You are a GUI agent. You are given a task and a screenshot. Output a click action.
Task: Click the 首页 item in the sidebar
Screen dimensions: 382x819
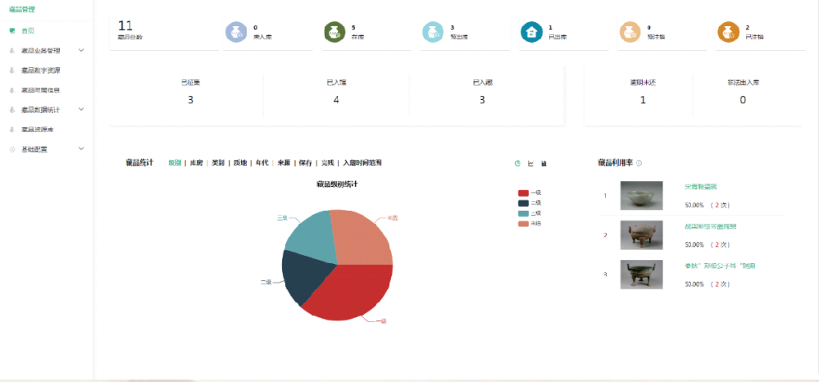(27, 30)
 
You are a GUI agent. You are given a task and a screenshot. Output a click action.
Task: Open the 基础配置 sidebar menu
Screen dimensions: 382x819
(34, 149)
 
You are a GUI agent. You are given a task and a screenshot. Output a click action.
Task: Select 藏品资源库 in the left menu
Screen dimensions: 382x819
(37, 130)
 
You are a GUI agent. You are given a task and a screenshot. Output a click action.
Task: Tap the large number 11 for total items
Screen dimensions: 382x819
(125, 26)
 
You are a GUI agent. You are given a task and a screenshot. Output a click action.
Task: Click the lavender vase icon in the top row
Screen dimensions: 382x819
(235, 32)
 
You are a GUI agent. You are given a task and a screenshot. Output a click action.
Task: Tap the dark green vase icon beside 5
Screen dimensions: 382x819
(334, 32)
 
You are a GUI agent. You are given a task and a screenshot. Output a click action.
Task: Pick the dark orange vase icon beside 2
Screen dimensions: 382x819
(727, 32)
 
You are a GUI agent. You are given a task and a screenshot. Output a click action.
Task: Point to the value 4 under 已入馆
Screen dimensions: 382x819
(336, 100)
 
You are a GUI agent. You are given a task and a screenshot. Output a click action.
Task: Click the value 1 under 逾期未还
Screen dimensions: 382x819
(643, 100)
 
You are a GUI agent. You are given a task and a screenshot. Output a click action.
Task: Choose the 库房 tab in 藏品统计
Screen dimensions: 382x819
(196, 163)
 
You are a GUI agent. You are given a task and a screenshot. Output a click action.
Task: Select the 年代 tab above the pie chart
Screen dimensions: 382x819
(262, 163)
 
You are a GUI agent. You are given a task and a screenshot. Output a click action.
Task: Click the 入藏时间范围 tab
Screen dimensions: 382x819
(362, 163)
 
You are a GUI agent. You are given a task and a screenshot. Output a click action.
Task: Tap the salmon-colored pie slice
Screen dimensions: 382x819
(361, 238)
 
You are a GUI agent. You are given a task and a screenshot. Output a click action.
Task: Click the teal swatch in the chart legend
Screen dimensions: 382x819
(523, 213)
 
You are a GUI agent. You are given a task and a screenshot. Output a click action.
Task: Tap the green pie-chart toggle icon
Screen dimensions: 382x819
(517, 163)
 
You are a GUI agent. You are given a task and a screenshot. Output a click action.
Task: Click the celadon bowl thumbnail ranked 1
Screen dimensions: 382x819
(641, 195)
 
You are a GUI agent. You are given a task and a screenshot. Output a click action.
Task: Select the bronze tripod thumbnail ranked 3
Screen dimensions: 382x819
(641, 275)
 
